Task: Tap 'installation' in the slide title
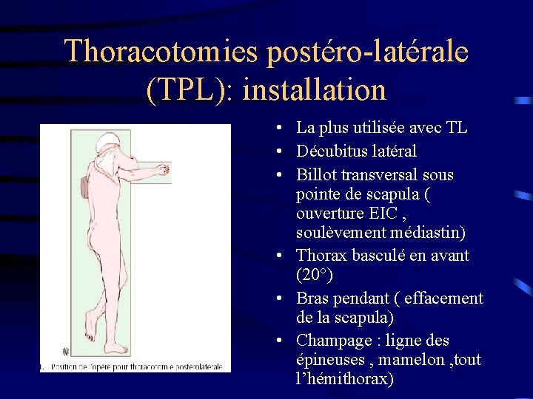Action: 314,90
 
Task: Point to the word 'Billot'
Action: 316,175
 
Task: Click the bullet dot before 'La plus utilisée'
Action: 275,128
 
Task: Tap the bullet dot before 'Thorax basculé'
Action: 275,256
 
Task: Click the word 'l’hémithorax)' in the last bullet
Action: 344,379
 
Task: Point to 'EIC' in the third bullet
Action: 377,214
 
